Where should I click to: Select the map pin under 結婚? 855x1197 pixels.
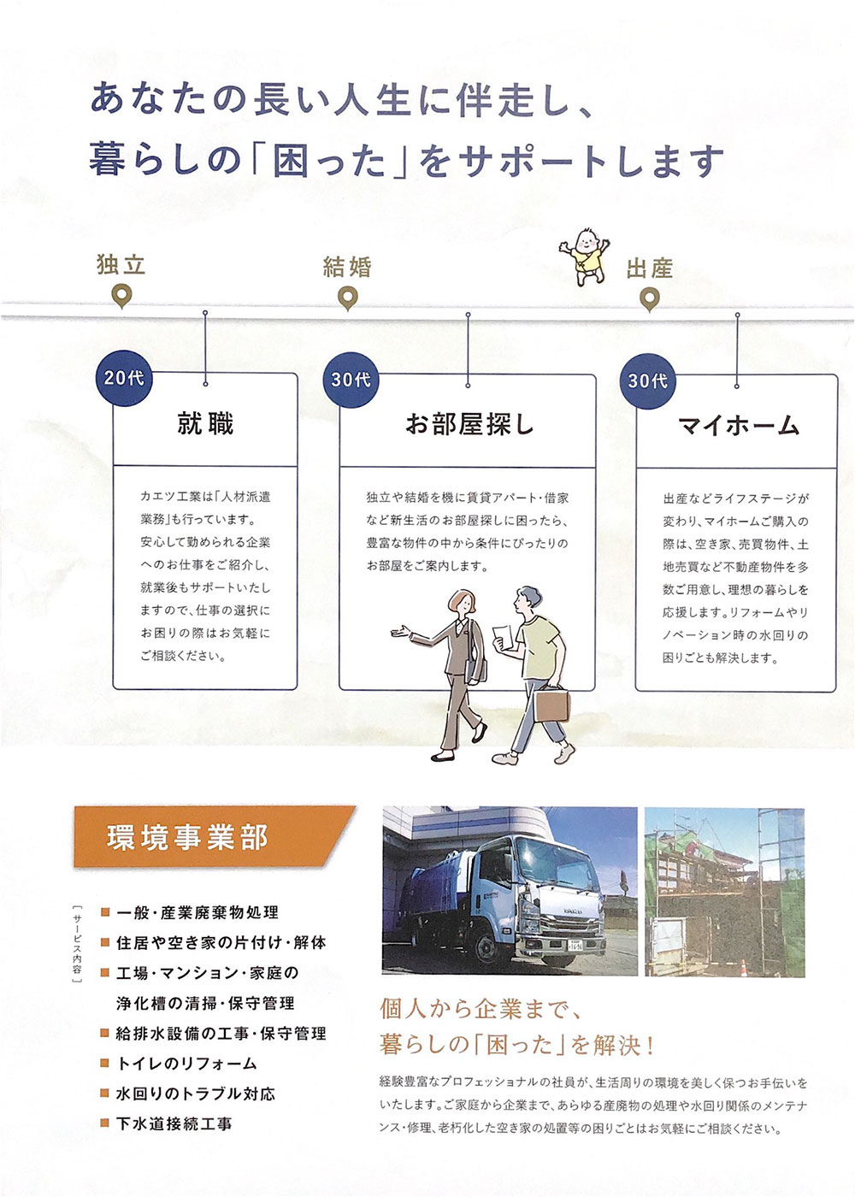click(348, 298)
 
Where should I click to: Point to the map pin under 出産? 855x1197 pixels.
click(649, 299)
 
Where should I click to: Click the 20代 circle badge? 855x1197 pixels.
click(124, 378)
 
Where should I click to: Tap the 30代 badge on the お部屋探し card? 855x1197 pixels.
click(351, 380)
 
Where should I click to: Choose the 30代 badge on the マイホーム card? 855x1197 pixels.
click(648, 381)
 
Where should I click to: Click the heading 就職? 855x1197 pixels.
click(205, 424)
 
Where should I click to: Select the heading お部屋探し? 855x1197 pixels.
click(469, 426)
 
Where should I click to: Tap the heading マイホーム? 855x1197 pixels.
click(738, 427)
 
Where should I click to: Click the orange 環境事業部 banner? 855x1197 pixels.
click(214, 837)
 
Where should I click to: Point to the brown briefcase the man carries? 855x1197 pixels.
click(552, 705)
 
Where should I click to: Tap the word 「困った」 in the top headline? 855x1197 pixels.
click(329, 160)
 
